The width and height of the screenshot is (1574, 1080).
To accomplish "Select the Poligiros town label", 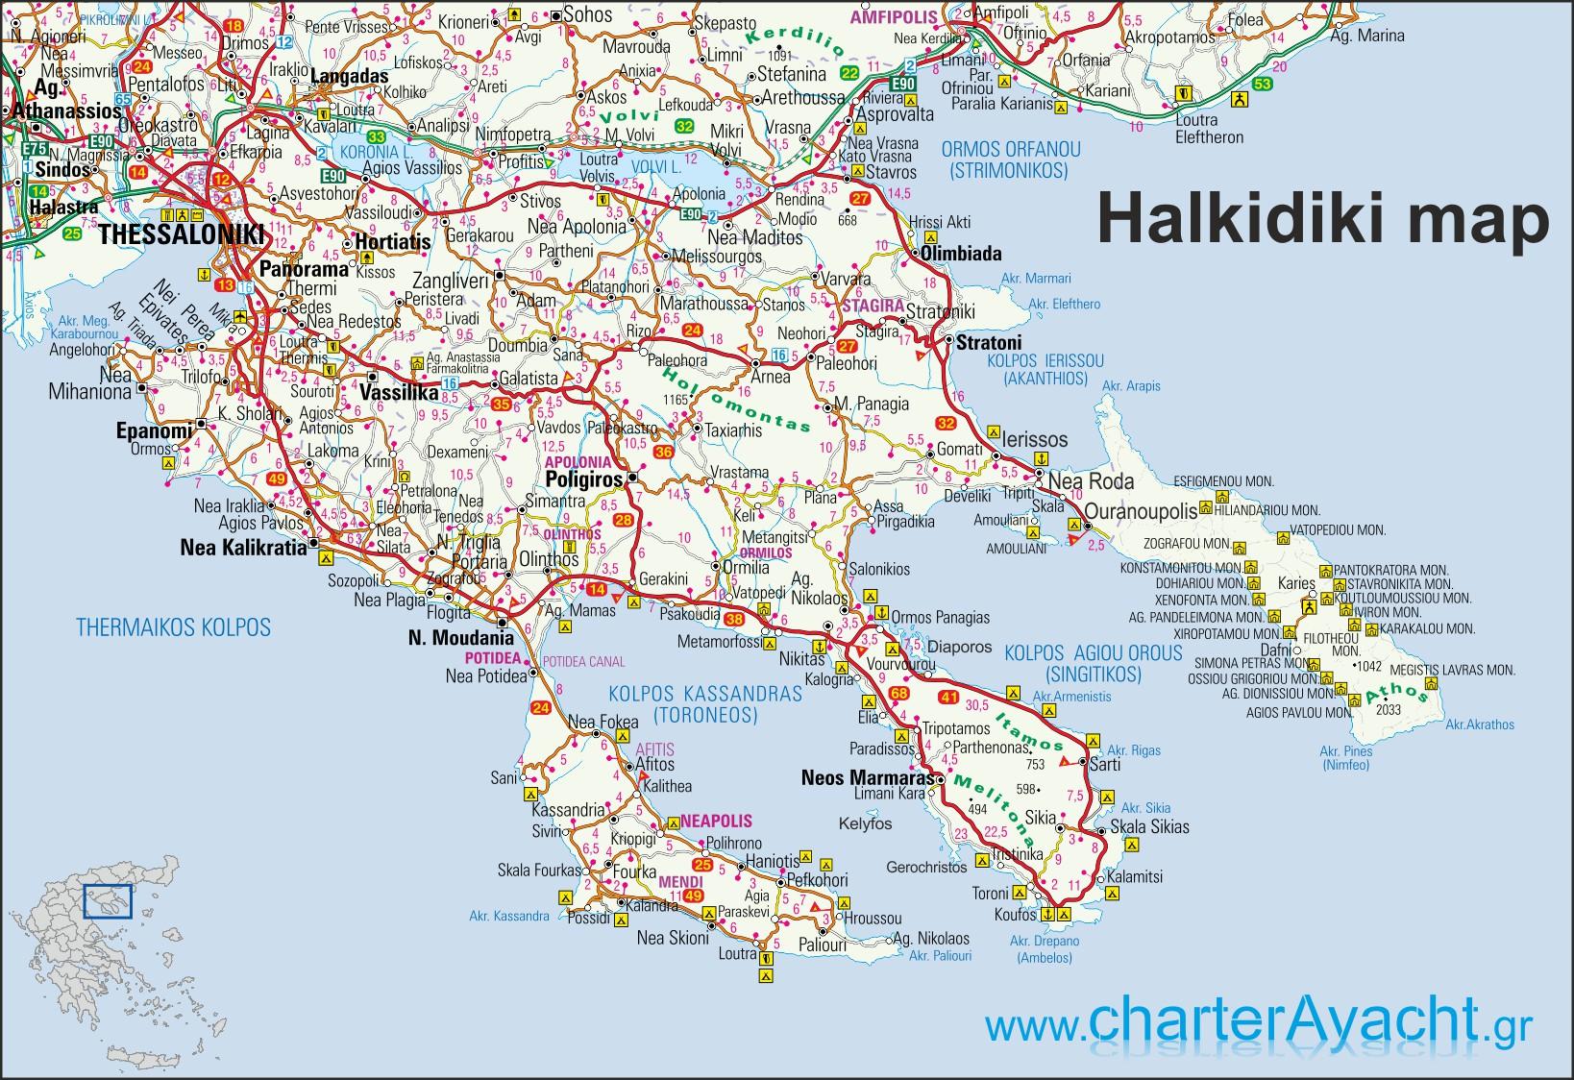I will [x=584, y=478].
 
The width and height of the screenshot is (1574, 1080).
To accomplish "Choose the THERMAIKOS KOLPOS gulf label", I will [x=173, y=628].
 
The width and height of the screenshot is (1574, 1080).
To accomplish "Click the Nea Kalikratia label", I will [x=243, y=548].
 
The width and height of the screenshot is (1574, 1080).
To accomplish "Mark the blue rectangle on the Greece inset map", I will [x=107, y=901].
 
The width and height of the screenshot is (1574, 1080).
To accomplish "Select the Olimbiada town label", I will [x=961, y=254].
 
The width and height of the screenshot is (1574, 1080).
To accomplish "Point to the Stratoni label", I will [x=988, y=342].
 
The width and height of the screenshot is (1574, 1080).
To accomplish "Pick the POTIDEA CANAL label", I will [x=583, y=661].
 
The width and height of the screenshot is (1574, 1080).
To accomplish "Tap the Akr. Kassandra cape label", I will [x=509, y=916].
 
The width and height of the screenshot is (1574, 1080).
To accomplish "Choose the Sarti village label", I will [x=1105, y=765].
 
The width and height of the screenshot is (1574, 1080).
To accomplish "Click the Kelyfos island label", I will [x=865, y=823].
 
